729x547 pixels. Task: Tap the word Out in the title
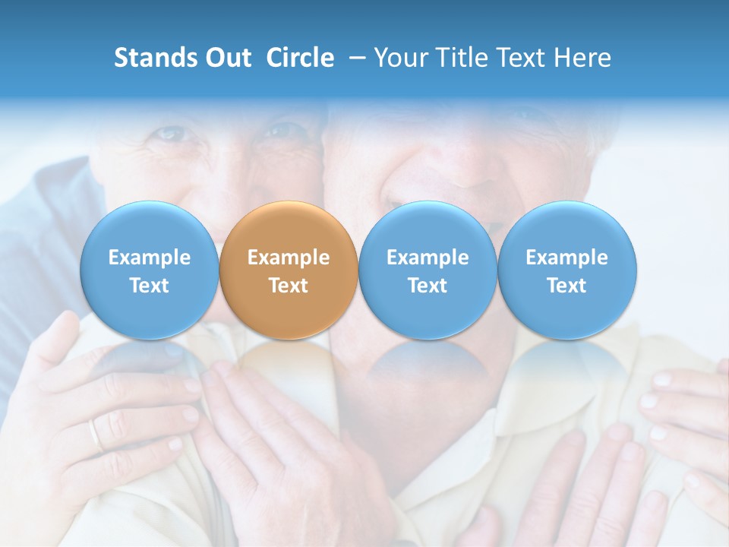point(229,58)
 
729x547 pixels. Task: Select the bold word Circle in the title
point(300,58)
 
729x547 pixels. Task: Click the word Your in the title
point(399,58)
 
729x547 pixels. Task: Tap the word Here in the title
point(582,58)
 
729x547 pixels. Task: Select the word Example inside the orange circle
point(289,258)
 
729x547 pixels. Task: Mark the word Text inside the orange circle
point(289,286)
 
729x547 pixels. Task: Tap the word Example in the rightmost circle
point(567,258)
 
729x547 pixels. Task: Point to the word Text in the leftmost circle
point(150,286)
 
